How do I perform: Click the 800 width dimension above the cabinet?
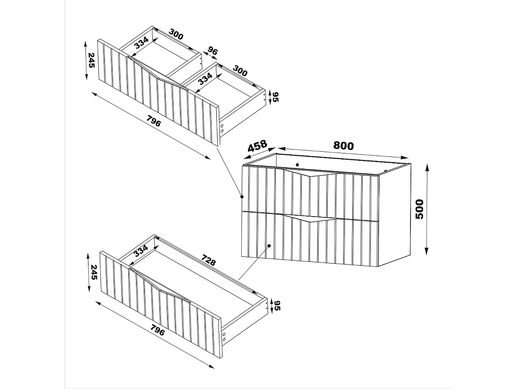point(344,146)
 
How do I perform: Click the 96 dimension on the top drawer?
point(212,51)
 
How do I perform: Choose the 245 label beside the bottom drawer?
point(93,272)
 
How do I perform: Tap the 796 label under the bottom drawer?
point(158,332)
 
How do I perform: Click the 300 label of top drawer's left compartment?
point(176,35)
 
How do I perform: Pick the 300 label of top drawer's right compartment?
point(240,71)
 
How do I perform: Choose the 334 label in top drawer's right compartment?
point(205,79)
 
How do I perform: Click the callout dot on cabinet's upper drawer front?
point(242,197)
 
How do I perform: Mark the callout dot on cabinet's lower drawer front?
point(268,246)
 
